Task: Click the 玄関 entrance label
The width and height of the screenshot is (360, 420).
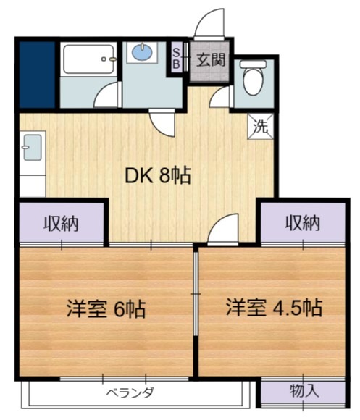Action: coord(212,59)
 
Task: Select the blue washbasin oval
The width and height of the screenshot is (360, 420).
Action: coord(142,51)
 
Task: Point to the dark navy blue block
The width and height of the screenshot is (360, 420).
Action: coord(37,74)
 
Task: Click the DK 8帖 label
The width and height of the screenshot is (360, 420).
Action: coord(159,175)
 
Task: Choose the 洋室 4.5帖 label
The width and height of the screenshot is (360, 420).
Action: coord(272,306)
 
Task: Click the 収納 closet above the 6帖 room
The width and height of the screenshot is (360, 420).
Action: coord(62,223)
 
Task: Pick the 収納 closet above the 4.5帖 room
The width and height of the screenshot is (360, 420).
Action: coord(301,223)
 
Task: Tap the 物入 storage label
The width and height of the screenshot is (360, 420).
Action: coord(304,392)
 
